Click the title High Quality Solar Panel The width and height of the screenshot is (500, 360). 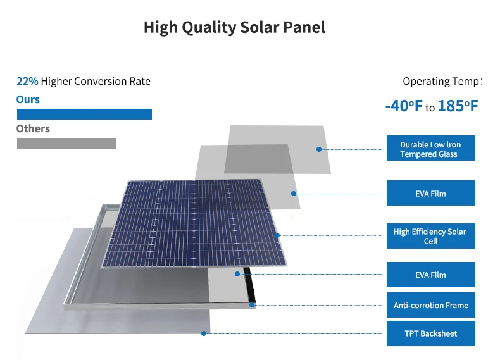tap(234, 27)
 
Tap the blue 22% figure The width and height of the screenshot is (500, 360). tap(27, 82)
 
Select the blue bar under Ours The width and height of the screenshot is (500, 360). tap(84, 115)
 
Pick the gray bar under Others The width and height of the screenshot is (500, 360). tap(66, 143)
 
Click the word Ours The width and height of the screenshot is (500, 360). tap(28, 99)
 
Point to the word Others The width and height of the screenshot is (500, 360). tap(33, 128)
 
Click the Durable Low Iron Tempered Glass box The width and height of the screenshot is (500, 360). tap(430, 149)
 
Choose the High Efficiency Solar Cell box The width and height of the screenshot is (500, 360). tap(430, 236)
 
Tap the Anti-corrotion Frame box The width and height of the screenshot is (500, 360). tap(430, 306)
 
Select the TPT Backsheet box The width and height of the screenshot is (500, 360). tap(430, 333)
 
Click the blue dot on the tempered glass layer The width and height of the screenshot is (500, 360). tap(319, 149)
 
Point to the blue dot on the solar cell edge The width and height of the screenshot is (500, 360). tap(277, 235)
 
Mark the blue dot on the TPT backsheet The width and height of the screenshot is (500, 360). tap(203, 333)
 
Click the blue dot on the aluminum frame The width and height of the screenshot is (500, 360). tap(252, 305)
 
